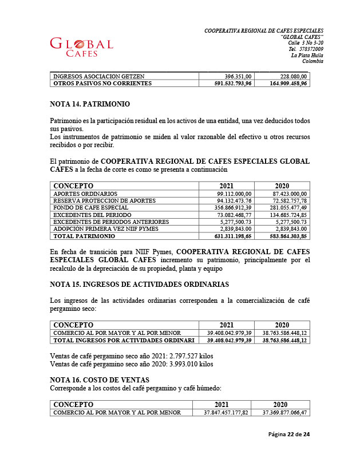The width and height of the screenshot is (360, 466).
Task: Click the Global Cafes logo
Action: tap(81, 47)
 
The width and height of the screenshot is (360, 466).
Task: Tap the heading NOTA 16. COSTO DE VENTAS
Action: tap(100, 380)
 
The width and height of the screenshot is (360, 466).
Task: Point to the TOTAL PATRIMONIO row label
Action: tap(84, 235)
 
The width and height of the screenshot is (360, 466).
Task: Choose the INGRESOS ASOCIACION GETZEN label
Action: tap(98, 76)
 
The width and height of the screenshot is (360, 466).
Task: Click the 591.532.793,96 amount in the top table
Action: tap(228, 83)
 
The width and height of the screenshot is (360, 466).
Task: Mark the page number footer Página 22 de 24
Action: tap(289, 435)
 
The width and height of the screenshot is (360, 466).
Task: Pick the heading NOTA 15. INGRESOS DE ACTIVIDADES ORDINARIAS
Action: tap(140, 285)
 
